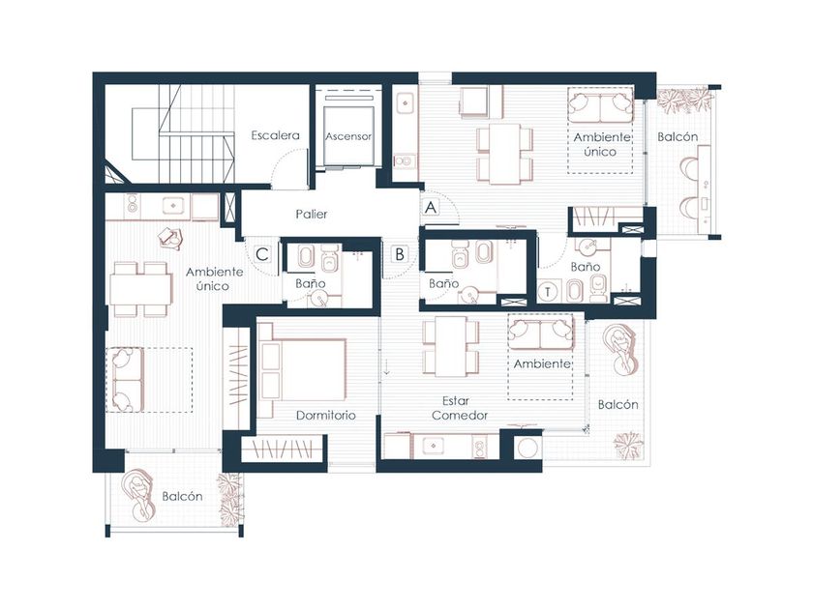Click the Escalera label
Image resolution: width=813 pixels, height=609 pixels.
pyautogui.click(x=275, y=135)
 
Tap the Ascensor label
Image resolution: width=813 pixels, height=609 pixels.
pyautogui.click(x=348, y=136)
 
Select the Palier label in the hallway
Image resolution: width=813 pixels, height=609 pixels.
pyautogui.click(x=312, y=214)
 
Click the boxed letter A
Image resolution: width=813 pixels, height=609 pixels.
pyautogui.click(x=431, y=207)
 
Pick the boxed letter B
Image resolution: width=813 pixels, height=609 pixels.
pyautogui.click(x=400, y=254)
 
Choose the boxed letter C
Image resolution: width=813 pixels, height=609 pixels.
pyautogui.click(x=262, y=254)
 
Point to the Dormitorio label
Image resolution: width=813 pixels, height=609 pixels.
pyautogui.click(x=325, y=416)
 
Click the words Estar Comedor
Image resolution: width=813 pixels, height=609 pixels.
pyautogui.click(x=460, y=408)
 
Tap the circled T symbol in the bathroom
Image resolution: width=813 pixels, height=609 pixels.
pyautogui.click(x=548, y=292)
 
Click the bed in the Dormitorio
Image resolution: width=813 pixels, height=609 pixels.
pyautogui.click(x=302, y=369)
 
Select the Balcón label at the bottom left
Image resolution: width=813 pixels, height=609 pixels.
pyautogui.click(x=182, y=496)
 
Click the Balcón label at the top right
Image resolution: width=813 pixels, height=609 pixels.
pyautogui.click(x=677, y=136)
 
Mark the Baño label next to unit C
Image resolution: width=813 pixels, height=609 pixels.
pyautogui.click(x=311, y=283)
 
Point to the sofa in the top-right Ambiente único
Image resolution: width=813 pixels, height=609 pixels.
pyautogui.click(x=600, y=104)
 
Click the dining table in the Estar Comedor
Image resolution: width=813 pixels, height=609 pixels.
pyautogui.click(x=451, y=346)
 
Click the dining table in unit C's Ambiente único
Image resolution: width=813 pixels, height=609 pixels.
pyautogui.click(x=140, y=289)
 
